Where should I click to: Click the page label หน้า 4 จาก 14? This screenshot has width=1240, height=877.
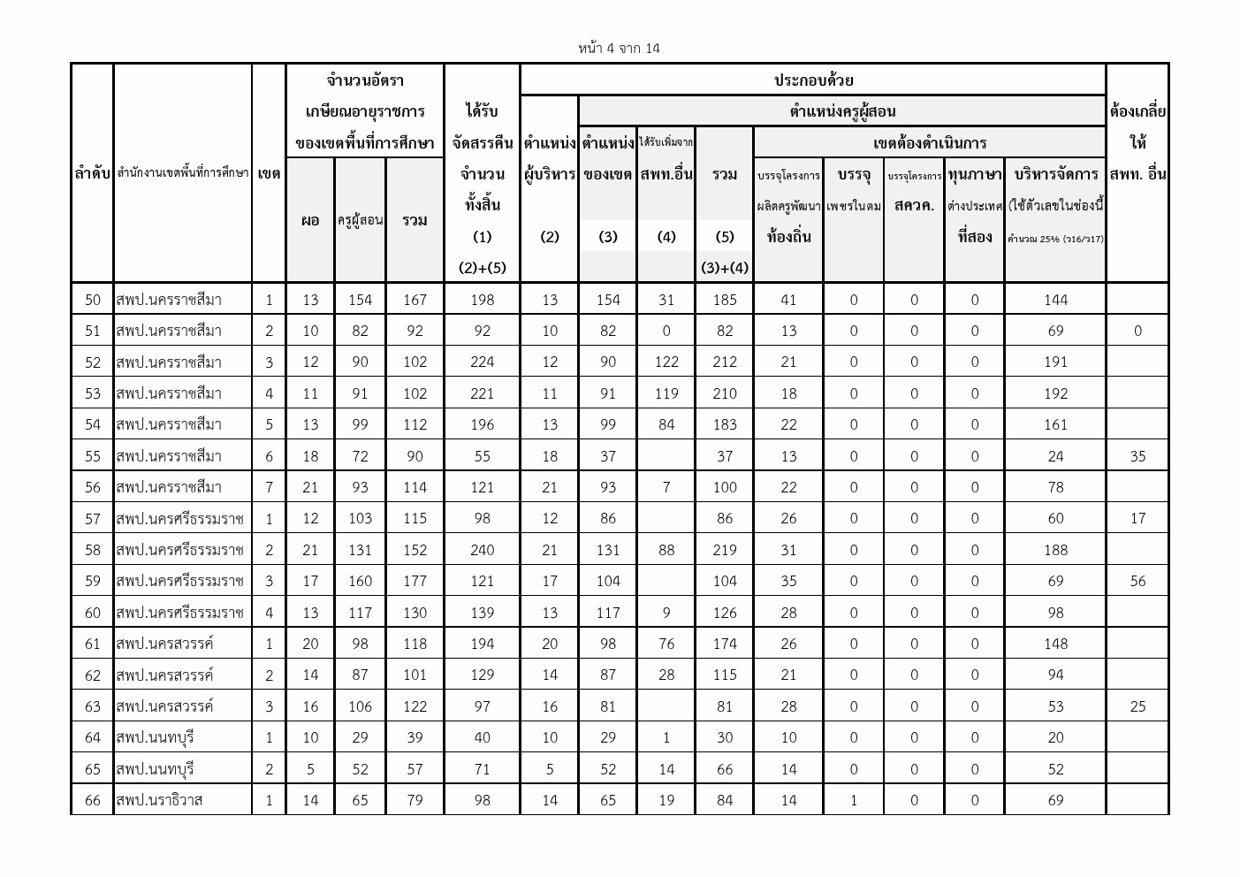pyautogui.click(x=619, y=48)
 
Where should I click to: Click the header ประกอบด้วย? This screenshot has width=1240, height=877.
pyautogui.click(x=813, y=80)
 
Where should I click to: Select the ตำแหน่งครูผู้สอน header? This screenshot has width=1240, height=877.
pyautogui.click(x=841, y=111)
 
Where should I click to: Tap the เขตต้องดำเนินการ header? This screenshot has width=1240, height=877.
pyautogui.click(x=929, y=142)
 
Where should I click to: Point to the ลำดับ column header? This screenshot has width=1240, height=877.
pyautogui.click(x=92, y=174)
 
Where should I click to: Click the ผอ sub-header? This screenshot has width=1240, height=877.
pyautogui.click(x=309, y=220)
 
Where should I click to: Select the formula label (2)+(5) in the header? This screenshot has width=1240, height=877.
pyautogui.click(x=482, y=267)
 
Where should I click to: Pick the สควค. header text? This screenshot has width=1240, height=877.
pyautogui.click(x=914, y=205)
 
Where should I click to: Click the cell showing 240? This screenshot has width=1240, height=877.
pyautogui.click(x=482, y=550)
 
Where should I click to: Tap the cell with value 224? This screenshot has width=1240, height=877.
pyautogui.click(x=482, y=362)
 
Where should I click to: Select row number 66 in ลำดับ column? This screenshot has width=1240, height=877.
pyautogui.click(x=92, y=800)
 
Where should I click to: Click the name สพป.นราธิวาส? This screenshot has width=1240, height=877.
pyautogui.click(x=159, y=800)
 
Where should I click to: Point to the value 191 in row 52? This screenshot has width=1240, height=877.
pyautogui.click(x=1055, y=362)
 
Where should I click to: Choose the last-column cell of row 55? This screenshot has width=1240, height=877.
pyautogui.click(x=1137, y=456)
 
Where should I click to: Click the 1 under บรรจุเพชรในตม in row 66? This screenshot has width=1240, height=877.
pyautogui.click(x=853, y=800)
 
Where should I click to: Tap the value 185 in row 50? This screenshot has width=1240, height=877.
pyautogui.click(x=724, y=300)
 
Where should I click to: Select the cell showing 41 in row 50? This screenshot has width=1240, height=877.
pyautogui.click(x=788, y=300)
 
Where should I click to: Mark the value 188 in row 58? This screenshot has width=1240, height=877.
pyautogui.click(x=1055, y=550)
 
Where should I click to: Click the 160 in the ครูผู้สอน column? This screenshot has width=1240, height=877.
pyautogui.click(x=360, y=581)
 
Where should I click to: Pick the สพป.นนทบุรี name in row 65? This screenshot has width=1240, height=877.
pyautogui.click(x=155, y=769)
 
